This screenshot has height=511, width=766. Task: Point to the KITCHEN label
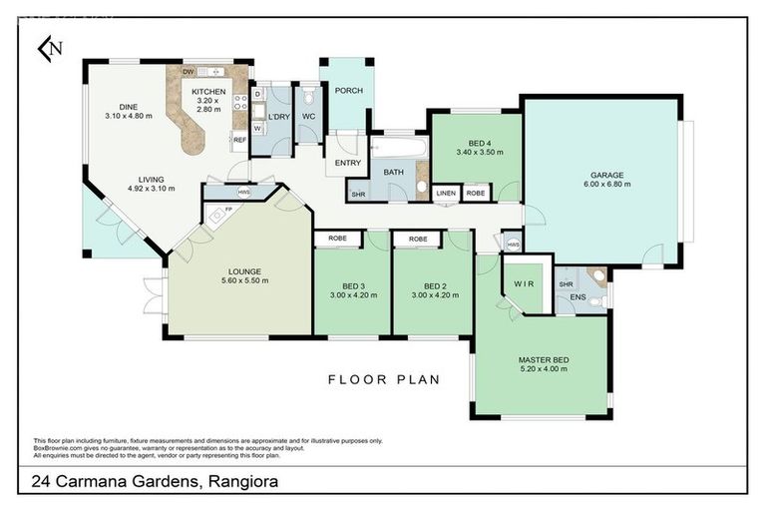[208, 92]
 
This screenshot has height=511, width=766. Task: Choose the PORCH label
[348, 91]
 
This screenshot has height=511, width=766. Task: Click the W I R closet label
[524, 282]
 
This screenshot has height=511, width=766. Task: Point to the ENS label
[577, 297]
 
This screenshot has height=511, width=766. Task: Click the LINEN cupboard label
[446, 193]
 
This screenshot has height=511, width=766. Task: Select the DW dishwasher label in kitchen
[188, 72]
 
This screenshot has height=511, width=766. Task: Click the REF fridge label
[239, 140]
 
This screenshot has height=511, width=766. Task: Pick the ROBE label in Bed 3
[338, 240]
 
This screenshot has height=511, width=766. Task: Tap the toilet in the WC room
[310, 96]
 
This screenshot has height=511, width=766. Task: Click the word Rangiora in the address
[242, 482]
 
